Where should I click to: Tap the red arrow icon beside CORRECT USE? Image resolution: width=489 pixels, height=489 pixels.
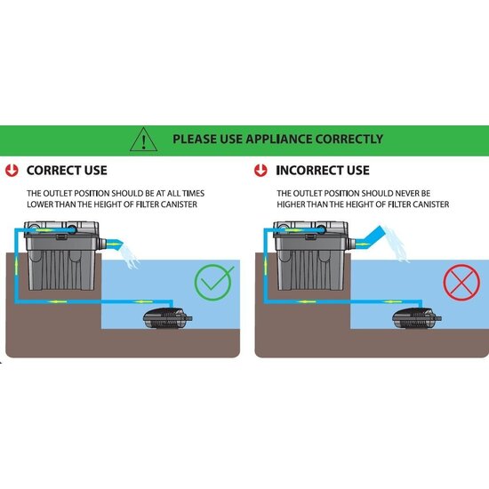tap(11, 169)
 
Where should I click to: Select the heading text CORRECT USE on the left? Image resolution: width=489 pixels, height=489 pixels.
tap(67, 169)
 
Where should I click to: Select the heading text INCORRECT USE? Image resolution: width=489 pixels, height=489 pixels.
tap(323, 169)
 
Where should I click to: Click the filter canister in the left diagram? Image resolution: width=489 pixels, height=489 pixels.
tap(62, 258)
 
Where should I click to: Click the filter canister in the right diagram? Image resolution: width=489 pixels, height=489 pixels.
tap(311, 258)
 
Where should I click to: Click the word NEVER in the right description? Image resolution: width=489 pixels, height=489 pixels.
tap(429, 193)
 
